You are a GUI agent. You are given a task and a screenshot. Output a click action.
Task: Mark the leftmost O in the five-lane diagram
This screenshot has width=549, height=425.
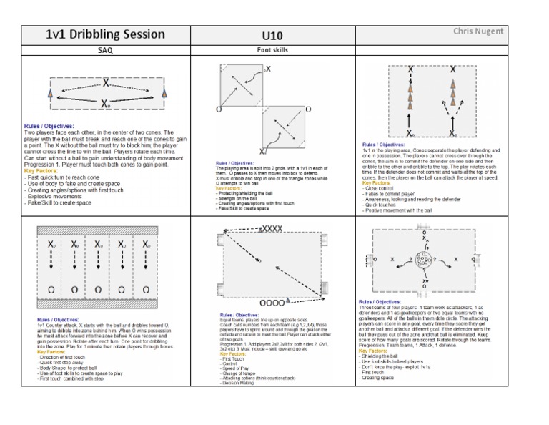point(51,289)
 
